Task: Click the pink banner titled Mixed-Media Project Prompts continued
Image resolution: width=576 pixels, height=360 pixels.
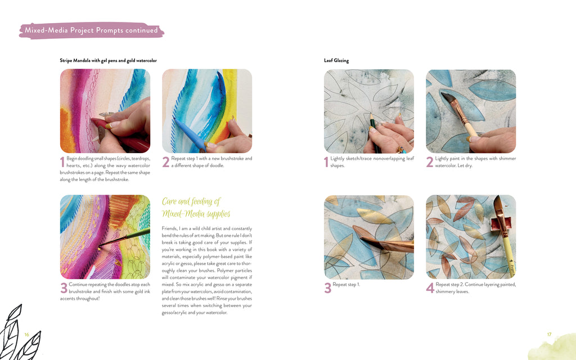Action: (92, 30)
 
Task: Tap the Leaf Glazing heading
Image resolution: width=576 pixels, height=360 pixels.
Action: (336, 61)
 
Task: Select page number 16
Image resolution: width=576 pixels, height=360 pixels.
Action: (26, 334)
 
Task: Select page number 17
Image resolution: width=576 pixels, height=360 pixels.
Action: (549, 334)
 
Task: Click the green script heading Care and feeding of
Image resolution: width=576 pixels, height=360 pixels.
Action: (191, 201)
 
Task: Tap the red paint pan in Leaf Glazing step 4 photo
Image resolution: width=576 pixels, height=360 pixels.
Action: (501, 221)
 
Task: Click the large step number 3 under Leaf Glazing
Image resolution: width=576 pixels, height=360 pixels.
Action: (328, 288)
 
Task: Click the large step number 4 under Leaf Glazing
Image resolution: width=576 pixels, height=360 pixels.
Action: (430, 288)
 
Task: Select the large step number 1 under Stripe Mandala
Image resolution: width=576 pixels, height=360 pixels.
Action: (62, 162)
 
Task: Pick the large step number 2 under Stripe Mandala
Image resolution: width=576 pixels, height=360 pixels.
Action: (166, 162)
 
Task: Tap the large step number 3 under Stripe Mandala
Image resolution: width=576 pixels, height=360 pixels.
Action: (64, 288)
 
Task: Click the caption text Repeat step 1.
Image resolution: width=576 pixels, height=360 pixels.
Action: (346, 284)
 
